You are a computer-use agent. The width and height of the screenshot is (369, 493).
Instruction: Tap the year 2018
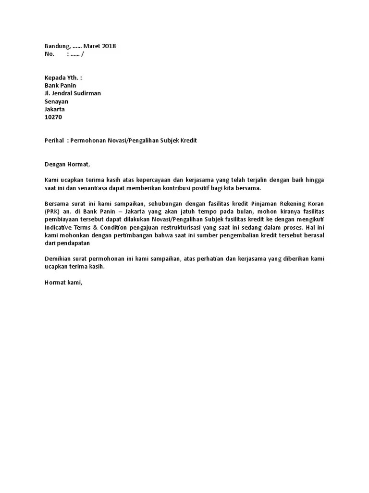click(109, 46)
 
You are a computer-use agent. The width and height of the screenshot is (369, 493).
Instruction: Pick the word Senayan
click(56, 102)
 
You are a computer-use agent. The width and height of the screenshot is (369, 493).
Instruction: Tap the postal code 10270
click(53, 117)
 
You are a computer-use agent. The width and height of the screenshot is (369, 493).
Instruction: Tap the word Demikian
click(57, 259)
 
